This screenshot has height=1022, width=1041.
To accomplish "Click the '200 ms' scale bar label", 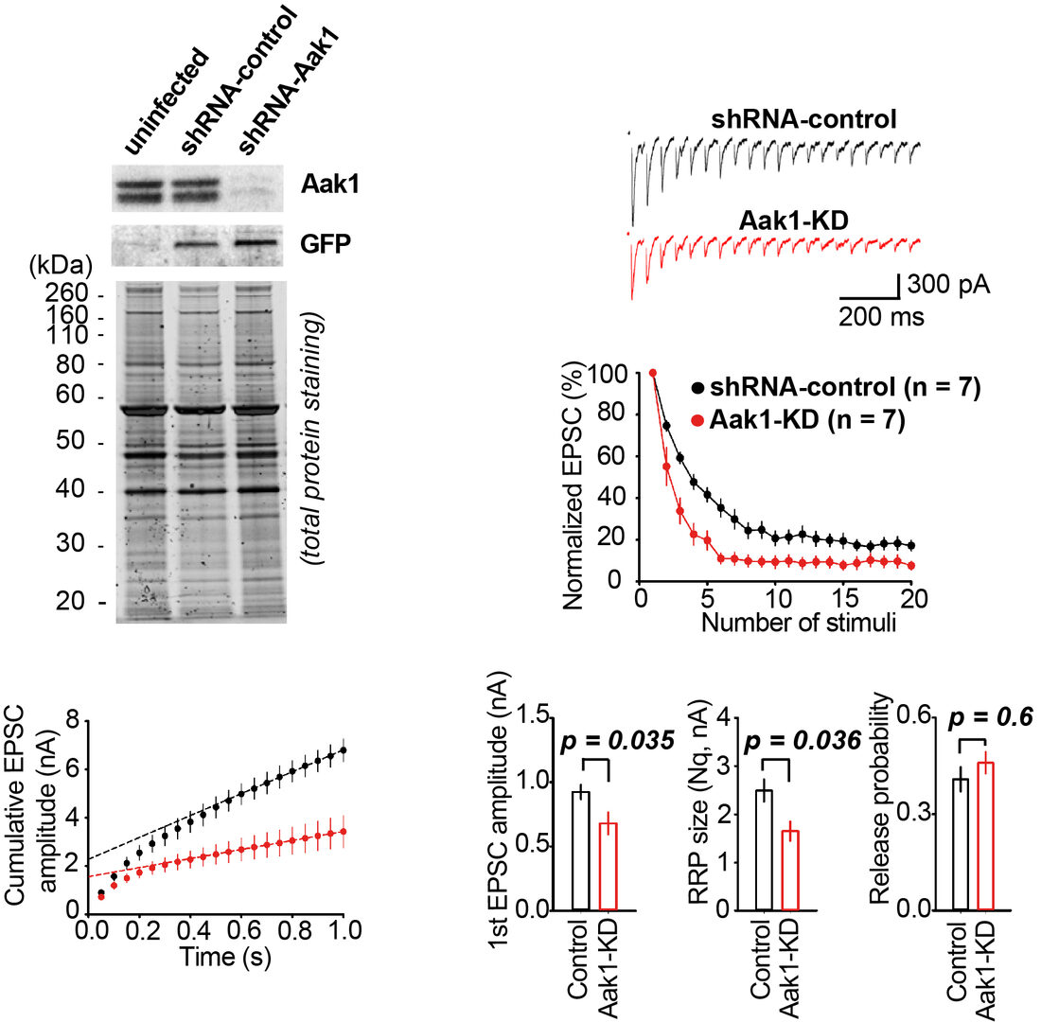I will (x=881, y=317).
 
